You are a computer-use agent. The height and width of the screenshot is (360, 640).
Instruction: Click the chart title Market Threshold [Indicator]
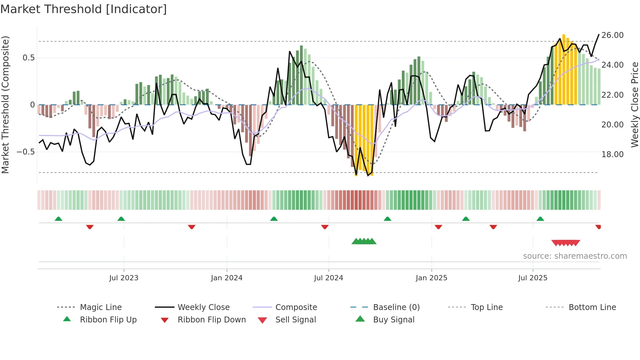pyautogui.click(x=84, y=9)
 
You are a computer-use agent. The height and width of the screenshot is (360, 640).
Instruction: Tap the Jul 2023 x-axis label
pyautogui.click(x=124, y=278)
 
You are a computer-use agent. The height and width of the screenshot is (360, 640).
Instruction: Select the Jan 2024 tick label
pyautogui.click(x=227, y=278)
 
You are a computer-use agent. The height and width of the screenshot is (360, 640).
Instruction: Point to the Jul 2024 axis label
pyautogui.click(x=328, y=278)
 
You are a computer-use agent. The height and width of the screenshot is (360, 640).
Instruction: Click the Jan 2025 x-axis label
pyautogui.click(x=431, y=278)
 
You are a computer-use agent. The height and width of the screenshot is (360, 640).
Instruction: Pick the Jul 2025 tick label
pyautogui.click(x=533, y=278)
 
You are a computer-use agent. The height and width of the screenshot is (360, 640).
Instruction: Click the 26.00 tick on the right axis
pyautogui.click(x=612, y=35)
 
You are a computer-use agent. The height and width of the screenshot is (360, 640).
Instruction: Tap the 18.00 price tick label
pyautogui.click(x=612, y=155)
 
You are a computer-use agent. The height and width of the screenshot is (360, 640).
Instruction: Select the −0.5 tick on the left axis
pyautogui.click(x=25, y=152)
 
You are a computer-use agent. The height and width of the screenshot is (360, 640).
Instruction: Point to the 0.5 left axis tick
pyautogui.click(x=28, y=58)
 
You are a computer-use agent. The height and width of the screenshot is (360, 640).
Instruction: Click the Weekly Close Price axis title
pyautogui.click(x=634, y=105)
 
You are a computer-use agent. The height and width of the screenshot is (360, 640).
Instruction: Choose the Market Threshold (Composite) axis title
pyautogui.click(x=5, y=105)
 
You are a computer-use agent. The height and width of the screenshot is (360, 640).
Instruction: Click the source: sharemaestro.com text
pyautogui.click(x=575, y=256)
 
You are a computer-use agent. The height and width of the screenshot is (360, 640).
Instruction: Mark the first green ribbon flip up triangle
pyautogui.click(x=58, y=219)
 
